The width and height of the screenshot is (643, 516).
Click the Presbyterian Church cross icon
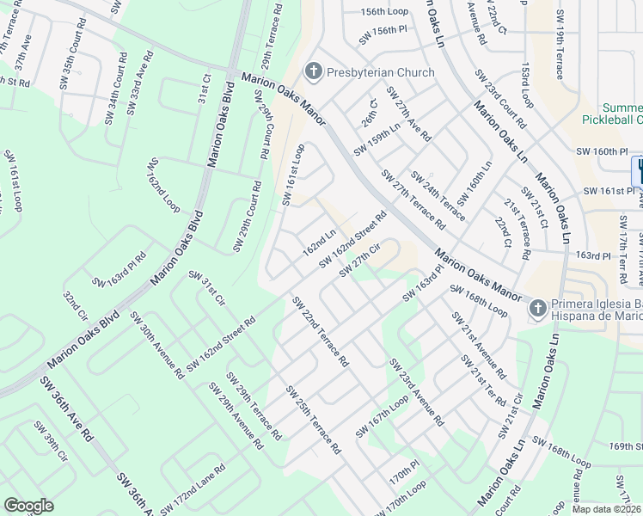pyautogui.click(x=313, y=72)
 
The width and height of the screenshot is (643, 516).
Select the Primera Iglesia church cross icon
pyautogui.click(x=537, y=307)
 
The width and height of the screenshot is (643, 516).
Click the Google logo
pyautogui.click(x=28, y=506)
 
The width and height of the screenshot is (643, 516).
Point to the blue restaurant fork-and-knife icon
pyautogui.click(x=638, y=168)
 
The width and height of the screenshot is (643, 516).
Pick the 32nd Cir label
pyautogui.click(x=76, y=304)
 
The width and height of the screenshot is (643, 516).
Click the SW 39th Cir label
pyautogui.click(x=50, y=440)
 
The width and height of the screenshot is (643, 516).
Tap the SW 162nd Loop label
pyautogui.click(x=163, y=185)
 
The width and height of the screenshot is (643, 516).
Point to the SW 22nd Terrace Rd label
pyautogui.click(x=319, y=332)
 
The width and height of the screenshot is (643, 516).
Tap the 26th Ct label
pyautogui.click(x=369, y=109)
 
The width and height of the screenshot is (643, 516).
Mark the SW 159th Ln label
pyautogui.click(x=377, y=138)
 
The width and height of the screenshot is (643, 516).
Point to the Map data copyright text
pyautogui.click(x=606, y=509)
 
